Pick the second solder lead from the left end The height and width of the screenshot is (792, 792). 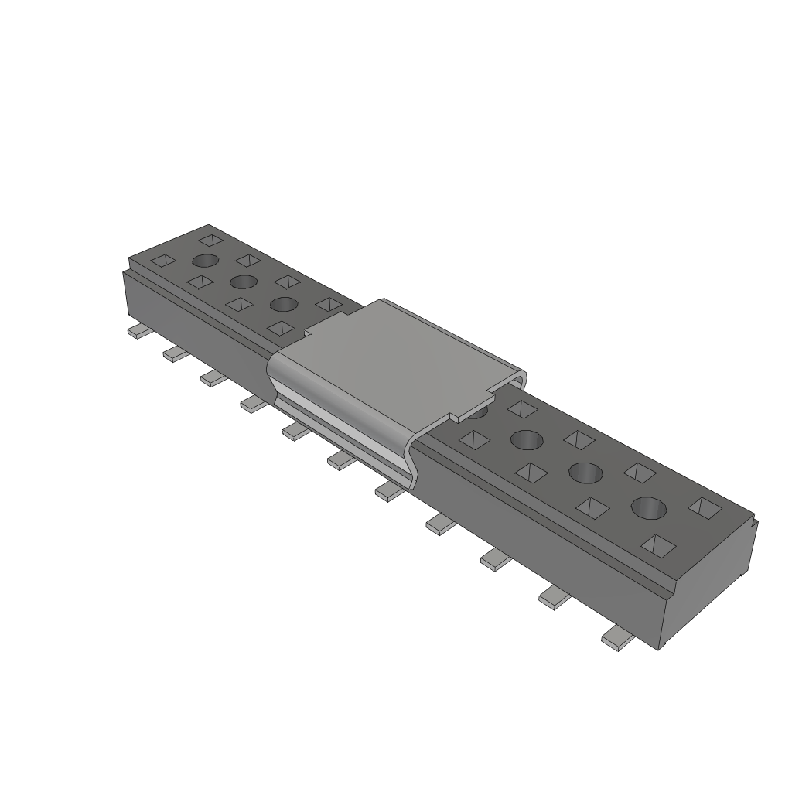click(176, 353)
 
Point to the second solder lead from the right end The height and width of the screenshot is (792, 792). click(554, 596)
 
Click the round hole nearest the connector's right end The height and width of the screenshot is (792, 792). click(649, 507)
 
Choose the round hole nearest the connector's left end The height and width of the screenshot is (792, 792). click(206, 261)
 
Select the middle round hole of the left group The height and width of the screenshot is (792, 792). click(243, 280)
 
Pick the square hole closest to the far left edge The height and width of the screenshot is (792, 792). click(163, 261)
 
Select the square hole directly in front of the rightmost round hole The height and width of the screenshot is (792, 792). click(659, 546)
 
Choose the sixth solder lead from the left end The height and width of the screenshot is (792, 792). click(340, 461)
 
